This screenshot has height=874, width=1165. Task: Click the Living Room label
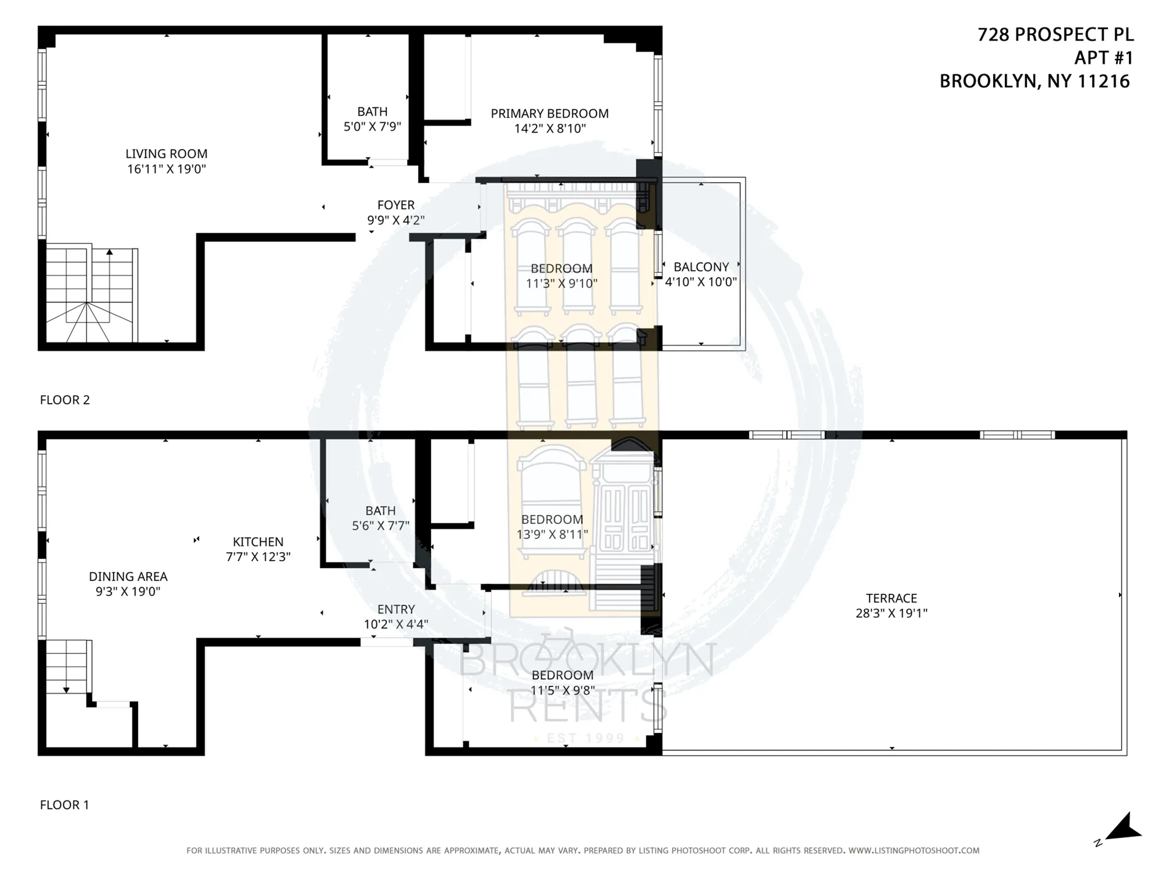pos(166,154)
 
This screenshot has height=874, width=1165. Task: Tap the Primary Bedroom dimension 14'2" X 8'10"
pos(550,129)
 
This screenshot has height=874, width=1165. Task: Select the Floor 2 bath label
pos(372,112)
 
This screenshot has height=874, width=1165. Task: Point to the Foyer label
pos(395,205)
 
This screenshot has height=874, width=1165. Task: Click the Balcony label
pos(701,267)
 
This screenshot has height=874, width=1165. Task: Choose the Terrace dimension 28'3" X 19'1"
pos(891,613)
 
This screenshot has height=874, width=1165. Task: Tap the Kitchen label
pos(258,542)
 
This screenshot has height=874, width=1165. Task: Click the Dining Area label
pos(128,576)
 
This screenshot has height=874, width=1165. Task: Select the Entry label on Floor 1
pos(395,609)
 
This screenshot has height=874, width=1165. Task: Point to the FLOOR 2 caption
pos(64,400)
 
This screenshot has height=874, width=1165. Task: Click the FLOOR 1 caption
pos(64,805)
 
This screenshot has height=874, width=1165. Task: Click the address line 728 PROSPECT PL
pos(1055,35)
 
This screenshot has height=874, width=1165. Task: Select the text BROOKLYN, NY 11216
pos(1034,81)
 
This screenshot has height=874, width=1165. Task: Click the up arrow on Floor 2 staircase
pos(109,251)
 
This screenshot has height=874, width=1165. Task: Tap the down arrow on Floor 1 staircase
pos(66,690)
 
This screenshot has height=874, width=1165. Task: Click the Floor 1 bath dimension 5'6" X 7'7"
pos(380,526)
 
